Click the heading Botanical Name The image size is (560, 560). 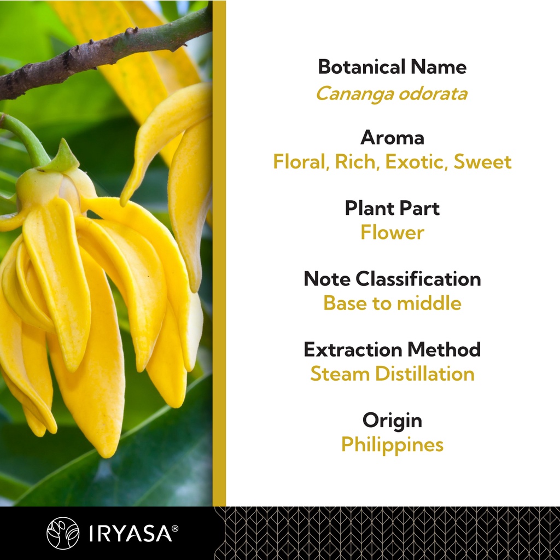coord(392,67)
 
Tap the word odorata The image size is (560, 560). coord(433,94)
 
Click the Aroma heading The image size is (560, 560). coord(392,137)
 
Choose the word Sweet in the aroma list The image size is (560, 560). coord(482,161)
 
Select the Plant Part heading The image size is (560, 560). coord(392,208)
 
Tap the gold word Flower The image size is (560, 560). coord(392,232)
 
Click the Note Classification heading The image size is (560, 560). coord(392,278)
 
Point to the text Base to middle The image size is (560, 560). coord(392,303)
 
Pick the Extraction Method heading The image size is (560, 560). coord(392,349)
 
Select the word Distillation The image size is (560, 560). coord(425,374)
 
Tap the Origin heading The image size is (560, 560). coord(392,421)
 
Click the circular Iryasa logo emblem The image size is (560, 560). coord(63,533)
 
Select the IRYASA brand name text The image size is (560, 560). coord(130,533)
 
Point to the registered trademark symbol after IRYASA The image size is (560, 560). coord(175,528)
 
